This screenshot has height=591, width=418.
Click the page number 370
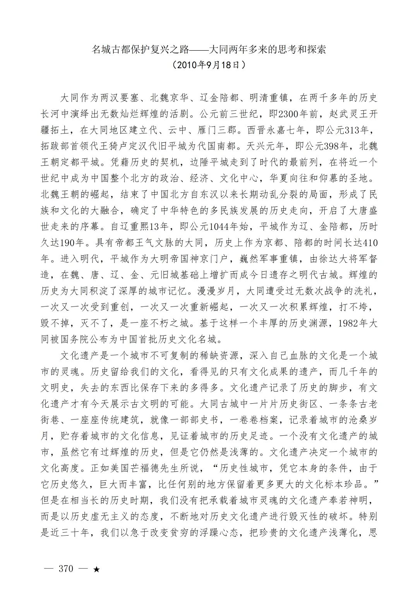coord(65,569)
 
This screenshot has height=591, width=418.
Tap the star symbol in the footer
coord(97,570)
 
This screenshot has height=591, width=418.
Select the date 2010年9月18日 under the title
coord(209,65)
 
